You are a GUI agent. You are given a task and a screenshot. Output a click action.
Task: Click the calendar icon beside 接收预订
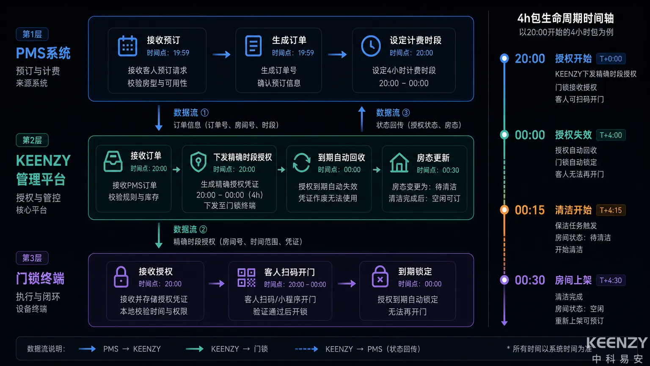(127, 46)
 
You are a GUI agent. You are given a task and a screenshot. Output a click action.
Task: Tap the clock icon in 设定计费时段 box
(371, 46)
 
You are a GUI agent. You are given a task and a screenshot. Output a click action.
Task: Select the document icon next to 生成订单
(253, 46)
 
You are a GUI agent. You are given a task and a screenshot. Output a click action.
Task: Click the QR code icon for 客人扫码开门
(246, 278)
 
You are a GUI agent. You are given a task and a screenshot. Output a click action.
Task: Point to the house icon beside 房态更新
(399, 163)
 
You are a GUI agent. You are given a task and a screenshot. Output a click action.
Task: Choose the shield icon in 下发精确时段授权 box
(198, 162)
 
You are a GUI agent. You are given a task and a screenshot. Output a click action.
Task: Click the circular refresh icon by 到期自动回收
(301, 163)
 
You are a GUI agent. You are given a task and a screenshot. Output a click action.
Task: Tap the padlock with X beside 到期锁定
(380, 277)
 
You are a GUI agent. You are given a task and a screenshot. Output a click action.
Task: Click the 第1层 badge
(32, 34)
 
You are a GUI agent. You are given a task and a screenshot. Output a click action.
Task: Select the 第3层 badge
(32, 258)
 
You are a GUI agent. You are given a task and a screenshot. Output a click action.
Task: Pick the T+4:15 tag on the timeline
(611, 210)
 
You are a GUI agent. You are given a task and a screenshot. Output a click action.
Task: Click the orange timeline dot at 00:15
(504, 210)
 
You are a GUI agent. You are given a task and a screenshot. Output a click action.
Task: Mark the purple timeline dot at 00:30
(504, 280)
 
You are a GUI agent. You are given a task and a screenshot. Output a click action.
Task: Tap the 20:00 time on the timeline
(530, 59)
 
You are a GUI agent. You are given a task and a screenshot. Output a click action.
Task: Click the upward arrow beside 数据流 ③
(361, 119)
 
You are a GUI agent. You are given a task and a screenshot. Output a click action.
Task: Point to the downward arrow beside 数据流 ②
(159, 236)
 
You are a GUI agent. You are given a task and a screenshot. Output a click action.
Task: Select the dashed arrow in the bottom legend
(306, 349)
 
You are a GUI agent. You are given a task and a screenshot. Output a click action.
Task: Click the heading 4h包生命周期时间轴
(566, 18)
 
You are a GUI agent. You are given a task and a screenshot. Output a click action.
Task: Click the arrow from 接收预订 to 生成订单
(221, 54)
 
